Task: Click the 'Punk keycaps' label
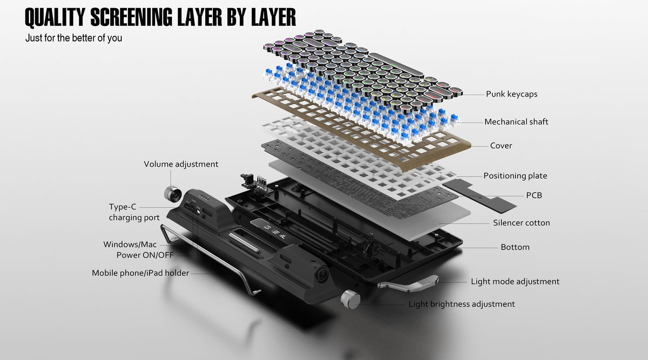point(511,94)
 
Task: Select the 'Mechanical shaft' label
point(516,122)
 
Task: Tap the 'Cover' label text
point(501,146)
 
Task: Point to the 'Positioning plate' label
point(515,176)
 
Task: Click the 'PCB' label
point(534,195)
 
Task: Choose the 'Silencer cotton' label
point(521,223)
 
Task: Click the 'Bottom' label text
point(515,247)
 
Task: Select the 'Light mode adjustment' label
point(515,282)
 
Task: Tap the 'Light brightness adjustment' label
point(461,304)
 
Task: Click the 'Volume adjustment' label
point(181,164)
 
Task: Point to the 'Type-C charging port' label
point(134,212)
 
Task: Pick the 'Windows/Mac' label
point(130,244)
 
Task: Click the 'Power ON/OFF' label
point(145,255)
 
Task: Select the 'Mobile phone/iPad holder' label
point(140,273)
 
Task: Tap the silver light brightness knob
point(350,300)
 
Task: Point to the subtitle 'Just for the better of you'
point(73,38)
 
